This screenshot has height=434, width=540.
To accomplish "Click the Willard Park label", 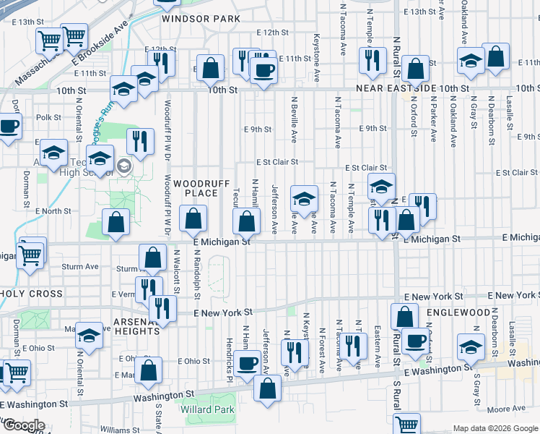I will coord(208,409).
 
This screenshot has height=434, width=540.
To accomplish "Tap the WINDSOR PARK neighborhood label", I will coord(191,17).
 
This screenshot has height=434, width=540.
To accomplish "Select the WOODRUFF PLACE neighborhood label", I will coord(196,188).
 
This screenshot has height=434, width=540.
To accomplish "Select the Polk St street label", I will coord(48,116).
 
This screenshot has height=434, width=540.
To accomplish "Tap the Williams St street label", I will coord(115,430).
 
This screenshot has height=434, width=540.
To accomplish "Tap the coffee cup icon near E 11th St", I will coord(263,69).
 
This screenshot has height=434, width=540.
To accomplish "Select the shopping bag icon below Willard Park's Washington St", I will coord(268,388).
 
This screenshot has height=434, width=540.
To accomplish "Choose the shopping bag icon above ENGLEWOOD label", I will coord(405,315).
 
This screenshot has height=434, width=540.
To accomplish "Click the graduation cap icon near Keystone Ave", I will coord(305,198).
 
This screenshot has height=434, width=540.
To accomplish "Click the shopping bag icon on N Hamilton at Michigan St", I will coord(247,221).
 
